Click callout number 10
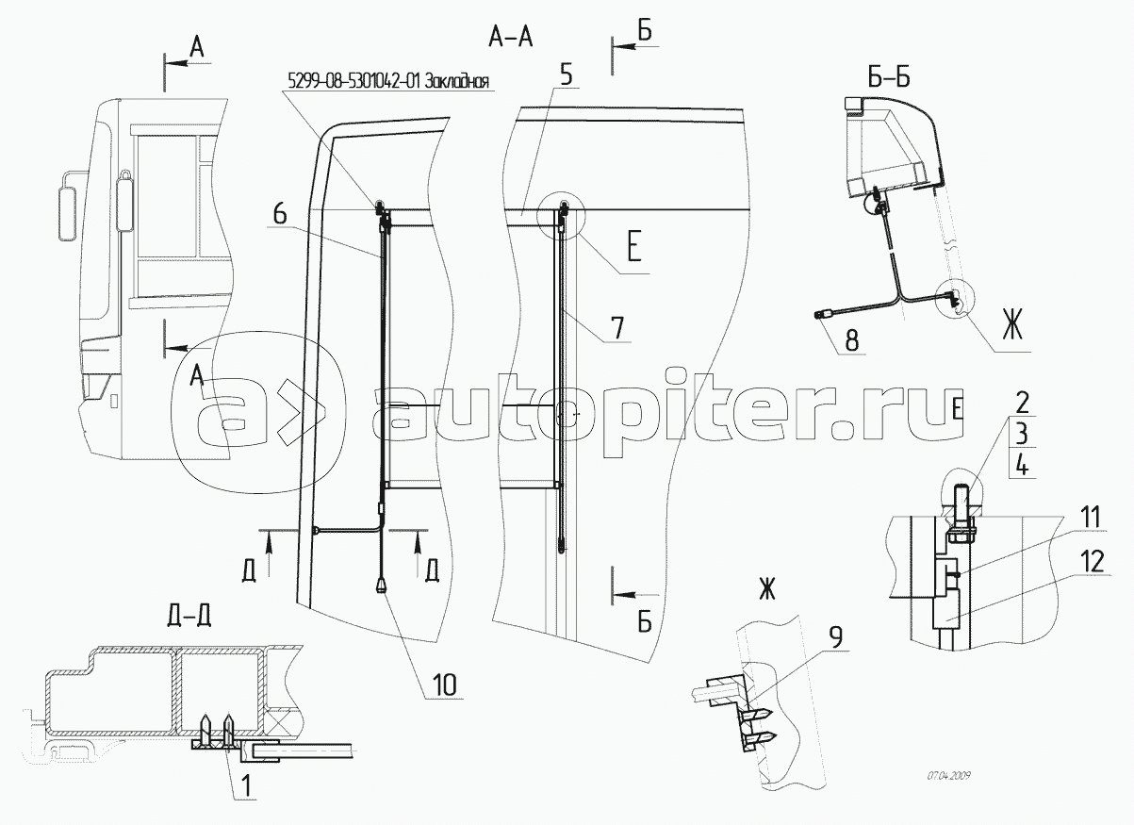445,685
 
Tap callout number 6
280,214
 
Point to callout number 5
566,74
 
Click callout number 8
852,340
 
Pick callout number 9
836,637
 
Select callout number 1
245,785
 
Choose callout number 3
1022,435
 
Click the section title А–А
511,38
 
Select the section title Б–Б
889,77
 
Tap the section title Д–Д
189,616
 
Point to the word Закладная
457,81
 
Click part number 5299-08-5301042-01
354,81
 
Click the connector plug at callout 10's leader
381,586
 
